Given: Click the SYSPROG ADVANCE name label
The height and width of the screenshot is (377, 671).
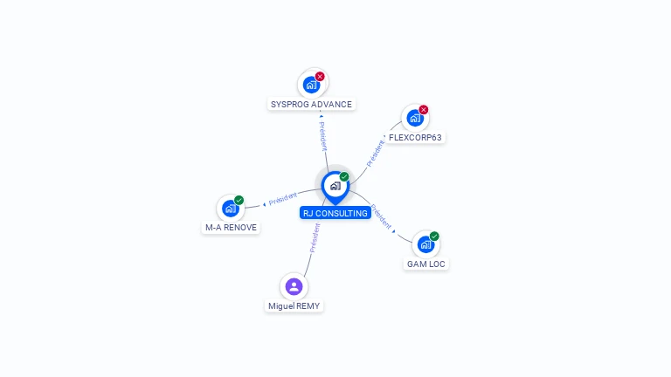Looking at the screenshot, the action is click(x=311, y=104).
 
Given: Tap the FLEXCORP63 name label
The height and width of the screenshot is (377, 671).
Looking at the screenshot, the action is click(x=415, y=137).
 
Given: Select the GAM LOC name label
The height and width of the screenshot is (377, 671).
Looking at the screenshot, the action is click(x=426, y=264).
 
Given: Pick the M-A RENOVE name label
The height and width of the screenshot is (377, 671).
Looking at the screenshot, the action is click(x=231, y=227).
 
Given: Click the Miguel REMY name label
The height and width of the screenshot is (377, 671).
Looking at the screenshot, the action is click(x=294, y=306).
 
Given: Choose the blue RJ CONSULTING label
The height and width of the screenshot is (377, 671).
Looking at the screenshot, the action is click(x=335, y=213).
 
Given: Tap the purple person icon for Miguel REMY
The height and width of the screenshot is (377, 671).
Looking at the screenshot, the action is click(x=294, y=286).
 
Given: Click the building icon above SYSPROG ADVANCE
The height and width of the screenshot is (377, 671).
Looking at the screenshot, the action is click(x=310, y=85).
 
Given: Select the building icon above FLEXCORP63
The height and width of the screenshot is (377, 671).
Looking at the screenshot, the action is click(x=414, y=118).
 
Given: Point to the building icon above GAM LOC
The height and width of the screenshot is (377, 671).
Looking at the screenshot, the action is click(x=425, y=244).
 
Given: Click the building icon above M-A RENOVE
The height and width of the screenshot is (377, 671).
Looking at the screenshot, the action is click(x=230, y=209).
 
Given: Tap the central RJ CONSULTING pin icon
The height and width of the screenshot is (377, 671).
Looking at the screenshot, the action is click(x=335, y=186).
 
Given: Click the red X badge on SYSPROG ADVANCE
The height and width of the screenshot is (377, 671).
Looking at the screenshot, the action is click(x=320, y=76).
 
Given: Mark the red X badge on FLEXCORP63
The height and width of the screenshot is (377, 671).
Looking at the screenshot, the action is click(x=424, y=109).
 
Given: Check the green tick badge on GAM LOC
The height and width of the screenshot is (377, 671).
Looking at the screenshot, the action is click(x=434, y=236).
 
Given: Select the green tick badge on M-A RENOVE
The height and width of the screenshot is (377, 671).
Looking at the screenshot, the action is click(x=239, y=200).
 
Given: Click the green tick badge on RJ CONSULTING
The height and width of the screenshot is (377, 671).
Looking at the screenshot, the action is click(x=344, y=176).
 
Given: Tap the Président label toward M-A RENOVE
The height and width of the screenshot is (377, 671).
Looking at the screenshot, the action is click(x=282, y=199).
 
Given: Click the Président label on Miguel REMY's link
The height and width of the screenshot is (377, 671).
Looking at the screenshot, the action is click(x=315, y=237).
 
